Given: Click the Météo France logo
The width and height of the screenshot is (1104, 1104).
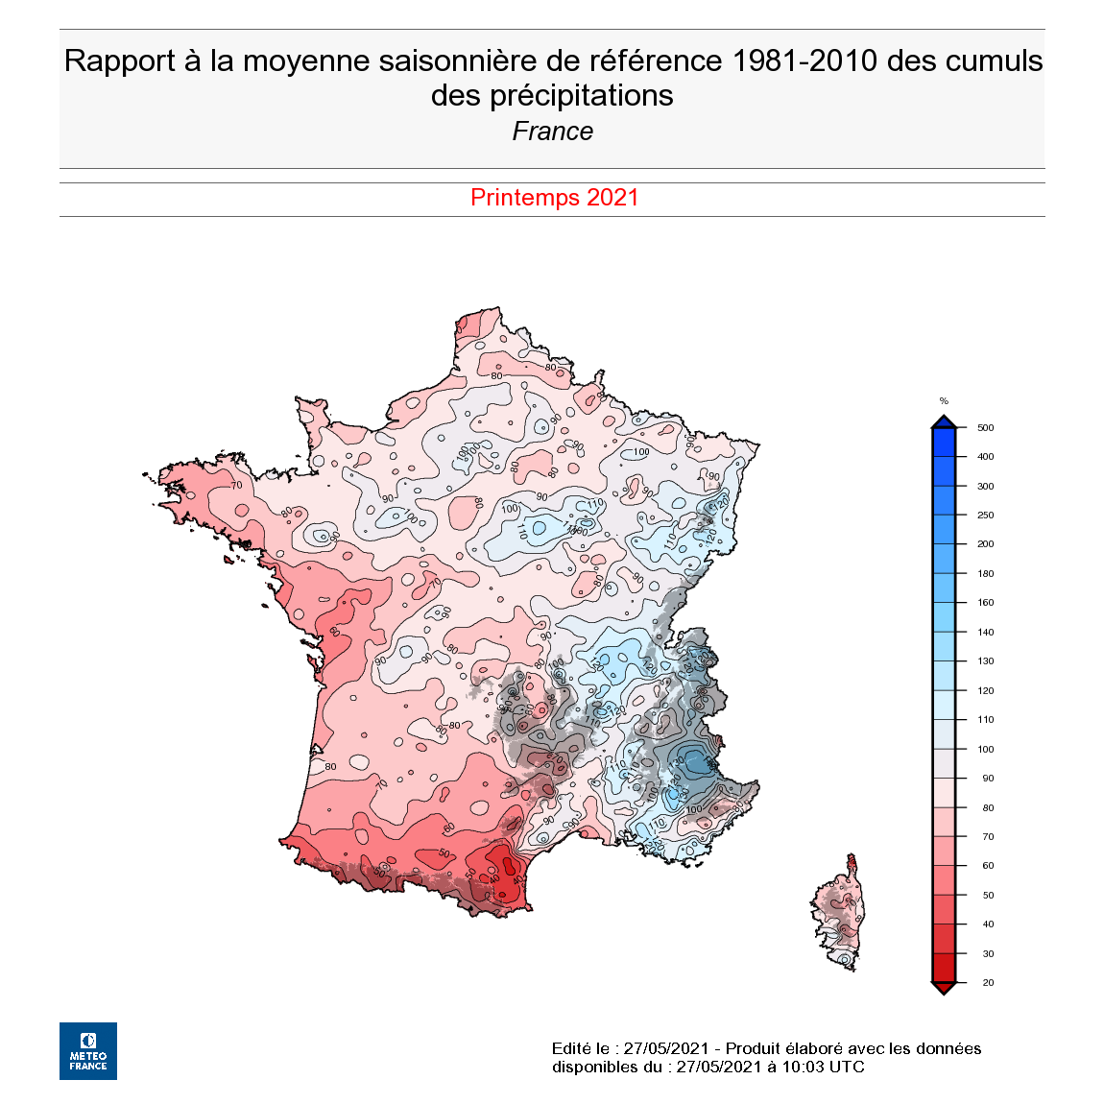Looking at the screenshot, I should point(88,1050).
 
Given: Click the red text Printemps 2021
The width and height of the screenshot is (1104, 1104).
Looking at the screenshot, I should point(554,198).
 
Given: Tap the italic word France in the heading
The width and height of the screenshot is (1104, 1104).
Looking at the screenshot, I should point(552,132).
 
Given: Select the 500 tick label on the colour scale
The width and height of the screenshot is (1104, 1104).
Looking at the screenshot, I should point(985,428).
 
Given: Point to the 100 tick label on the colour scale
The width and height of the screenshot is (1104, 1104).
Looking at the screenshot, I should point(985,749).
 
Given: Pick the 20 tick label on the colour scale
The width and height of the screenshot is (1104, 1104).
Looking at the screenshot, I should point(988,983).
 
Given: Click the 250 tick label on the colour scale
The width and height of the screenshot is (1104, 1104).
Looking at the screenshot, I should point(985,516).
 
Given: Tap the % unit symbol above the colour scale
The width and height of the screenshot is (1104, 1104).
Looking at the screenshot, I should point(944,401).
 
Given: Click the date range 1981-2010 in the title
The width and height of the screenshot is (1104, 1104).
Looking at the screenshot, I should point(804,60).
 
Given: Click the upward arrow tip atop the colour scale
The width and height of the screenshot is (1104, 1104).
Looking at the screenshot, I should point(944,420).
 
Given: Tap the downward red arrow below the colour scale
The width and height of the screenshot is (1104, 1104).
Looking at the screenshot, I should point(944,989).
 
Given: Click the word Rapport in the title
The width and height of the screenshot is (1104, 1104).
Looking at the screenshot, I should point(120,60).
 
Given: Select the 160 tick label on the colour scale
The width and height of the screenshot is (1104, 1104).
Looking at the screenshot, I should point(985,603).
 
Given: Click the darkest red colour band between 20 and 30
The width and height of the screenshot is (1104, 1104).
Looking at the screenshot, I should point(944,968).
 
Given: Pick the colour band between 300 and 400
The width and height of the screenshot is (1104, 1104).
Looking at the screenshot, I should point(944,471).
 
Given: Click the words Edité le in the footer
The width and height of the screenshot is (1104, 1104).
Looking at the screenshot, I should point(580,1048).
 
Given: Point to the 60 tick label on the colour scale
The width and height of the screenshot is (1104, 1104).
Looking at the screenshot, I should point(988,866).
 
